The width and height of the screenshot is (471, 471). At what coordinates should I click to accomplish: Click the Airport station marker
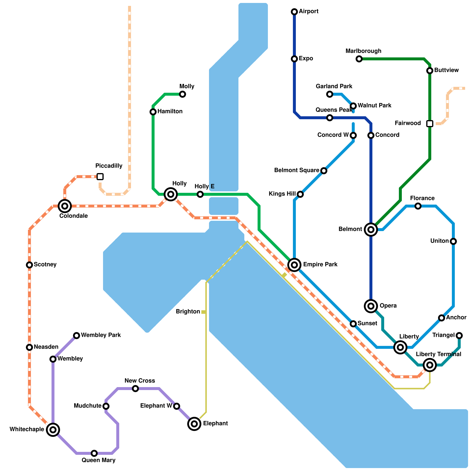point(294,12)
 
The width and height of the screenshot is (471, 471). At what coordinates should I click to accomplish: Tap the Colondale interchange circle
point(65,206)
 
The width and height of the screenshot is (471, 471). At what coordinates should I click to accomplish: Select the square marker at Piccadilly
point(100,177)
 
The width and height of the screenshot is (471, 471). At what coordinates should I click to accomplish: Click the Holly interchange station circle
point(171,194)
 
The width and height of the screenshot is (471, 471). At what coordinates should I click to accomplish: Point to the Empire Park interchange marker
point(294,265)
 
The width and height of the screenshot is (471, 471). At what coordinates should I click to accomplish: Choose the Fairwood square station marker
point(430,124)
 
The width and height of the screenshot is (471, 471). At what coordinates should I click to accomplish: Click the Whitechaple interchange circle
point(53,430)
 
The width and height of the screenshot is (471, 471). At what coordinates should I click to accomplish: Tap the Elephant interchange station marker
point(194,424)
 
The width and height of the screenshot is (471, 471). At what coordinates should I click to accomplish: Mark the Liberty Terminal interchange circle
point(430,365)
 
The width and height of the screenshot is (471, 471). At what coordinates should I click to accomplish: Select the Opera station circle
point(371,306)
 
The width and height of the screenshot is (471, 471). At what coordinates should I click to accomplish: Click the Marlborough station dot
point(359,59)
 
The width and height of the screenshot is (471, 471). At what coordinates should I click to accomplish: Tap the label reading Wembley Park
point(101,335)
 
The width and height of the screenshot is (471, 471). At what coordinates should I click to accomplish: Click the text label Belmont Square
point(297,170)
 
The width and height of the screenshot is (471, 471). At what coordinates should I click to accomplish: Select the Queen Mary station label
point(99,460)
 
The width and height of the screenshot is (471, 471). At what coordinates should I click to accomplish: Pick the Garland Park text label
point(334,87)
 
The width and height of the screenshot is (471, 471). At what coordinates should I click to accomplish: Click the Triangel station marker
point(459,336)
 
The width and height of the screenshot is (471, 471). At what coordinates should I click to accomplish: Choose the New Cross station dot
point(135,389)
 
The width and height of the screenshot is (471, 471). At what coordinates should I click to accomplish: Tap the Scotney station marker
point(29,265)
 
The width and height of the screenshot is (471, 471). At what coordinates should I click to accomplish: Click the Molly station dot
point(183,94)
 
